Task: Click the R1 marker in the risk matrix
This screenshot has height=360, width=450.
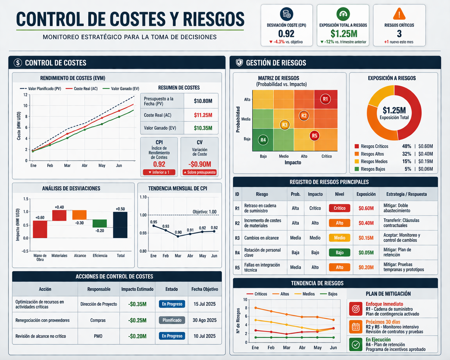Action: [325, 99]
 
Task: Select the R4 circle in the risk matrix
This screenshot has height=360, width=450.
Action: [263, 140]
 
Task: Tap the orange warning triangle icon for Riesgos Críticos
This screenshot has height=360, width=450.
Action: [399, 14]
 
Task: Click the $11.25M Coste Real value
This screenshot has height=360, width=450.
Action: [203, 115]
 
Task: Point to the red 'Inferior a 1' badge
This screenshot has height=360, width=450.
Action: [159, 172]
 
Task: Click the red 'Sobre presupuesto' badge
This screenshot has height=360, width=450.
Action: [199, 172]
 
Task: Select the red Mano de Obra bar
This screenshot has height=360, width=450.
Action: [40, 229]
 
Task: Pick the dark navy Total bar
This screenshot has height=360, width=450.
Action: [120, 225]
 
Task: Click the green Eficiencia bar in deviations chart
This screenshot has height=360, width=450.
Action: [100, 223]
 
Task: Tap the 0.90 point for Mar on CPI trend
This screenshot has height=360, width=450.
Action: [178, 236]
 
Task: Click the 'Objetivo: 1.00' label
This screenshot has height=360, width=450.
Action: [204, 212]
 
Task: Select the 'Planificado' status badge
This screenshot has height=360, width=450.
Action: [172, 320]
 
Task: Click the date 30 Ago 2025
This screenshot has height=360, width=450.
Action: [204, 320]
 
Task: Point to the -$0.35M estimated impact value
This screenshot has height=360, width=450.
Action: [137, 304]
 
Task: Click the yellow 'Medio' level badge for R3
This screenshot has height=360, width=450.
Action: [339, 238]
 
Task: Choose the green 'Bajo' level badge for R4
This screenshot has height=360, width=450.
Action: [339, 252]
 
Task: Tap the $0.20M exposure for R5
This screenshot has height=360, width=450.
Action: [366, 268]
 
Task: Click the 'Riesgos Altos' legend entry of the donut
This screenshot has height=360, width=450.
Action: [372, 154]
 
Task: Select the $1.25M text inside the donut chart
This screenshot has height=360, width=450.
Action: [394, 110]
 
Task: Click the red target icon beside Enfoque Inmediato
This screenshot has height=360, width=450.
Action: [356, 309]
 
